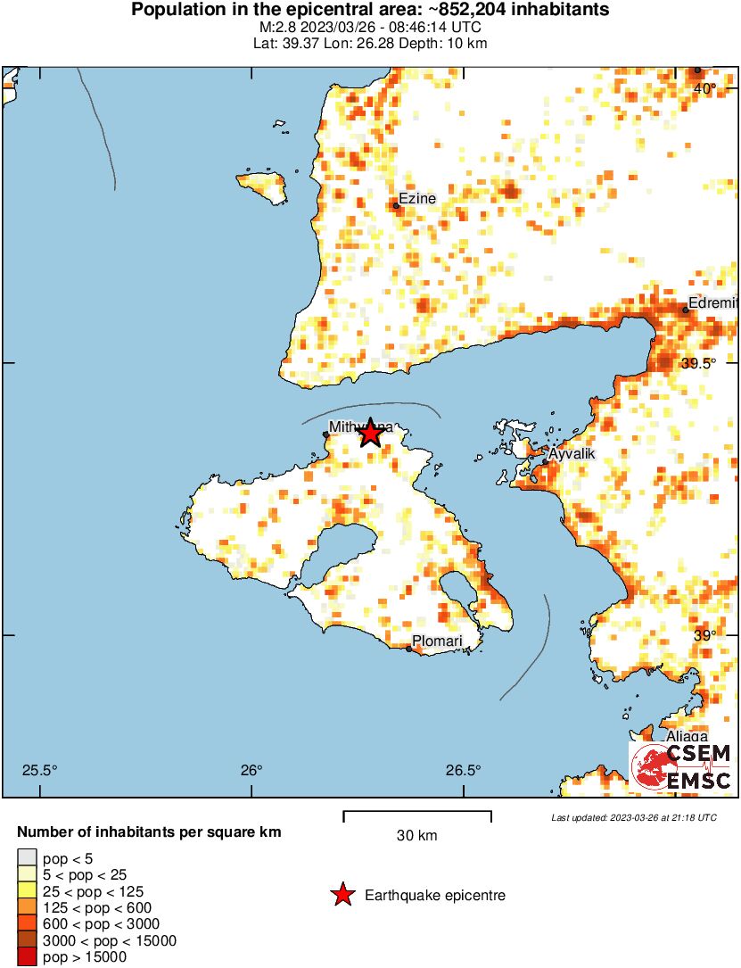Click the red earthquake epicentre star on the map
pos(370,434)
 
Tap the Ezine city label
pos(417,198)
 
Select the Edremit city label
pos(714,303)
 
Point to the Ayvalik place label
pos(571,454)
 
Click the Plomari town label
pos(436,641)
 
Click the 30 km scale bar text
pos(417,836)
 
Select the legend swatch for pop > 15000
pos(28,957)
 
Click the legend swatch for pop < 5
pos(28,858)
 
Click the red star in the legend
pos(342,895)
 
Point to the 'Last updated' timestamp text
pos(633,817)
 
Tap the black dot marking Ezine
pos(396,206)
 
